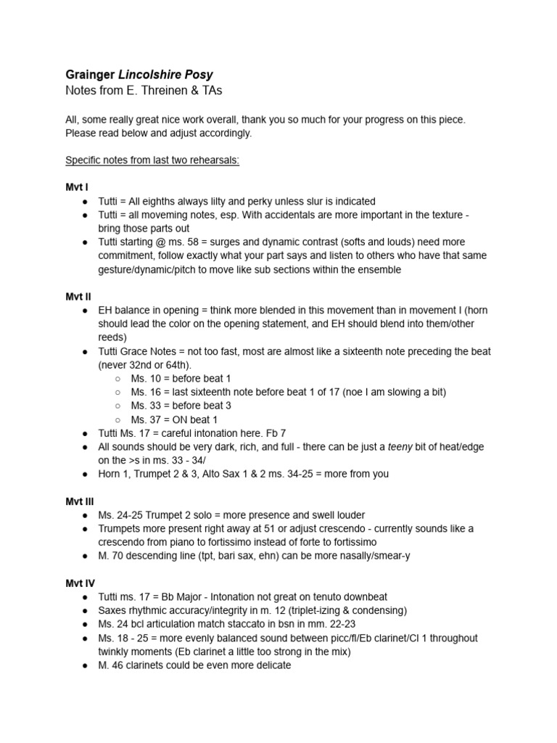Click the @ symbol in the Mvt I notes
coord(176,242)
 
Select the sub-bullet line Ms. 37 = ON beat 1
coord(174,419)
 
